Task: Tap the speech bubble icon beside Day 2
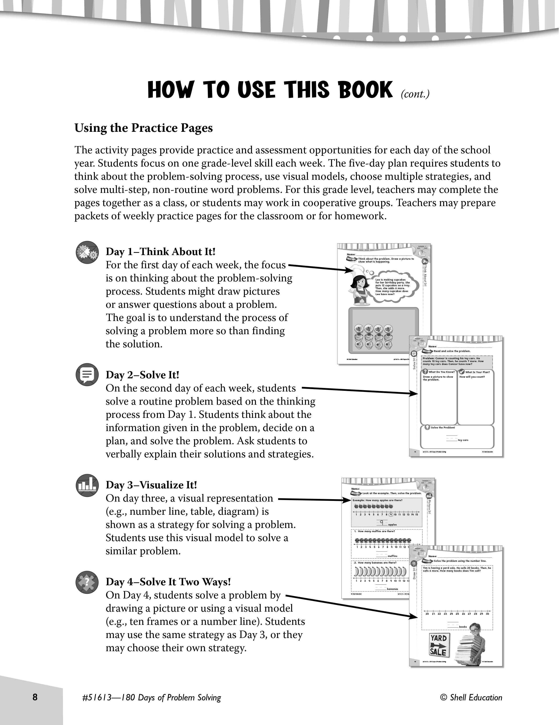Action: (87, 375)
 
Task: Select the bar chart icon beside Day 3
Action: (87, 485)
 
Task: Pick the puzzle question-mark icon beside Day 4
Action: (87, 582)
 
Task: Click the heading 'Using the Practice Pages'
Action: (143, 128)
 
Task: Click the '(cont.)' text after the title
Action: (415, 94)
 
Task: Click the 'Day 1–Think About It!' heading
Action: (161, 252)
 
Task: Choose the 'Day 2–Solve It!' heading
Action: (142, 375)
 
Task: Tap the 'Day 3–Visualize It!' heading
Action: (151, 485)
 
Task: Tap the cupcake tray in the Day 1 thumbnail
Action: (383, 330)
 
